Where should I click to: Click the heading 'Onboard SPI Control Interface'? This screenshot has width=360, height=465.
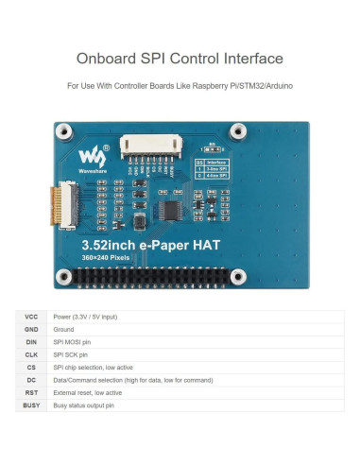[180, 57]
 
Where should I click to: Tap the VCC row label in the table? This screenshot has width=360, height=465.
[30, 317]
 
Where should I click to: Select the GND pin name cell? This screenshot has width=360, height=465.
[30, 329]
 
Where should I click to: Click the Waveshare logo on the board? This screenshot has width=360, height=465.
[89, 155]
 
